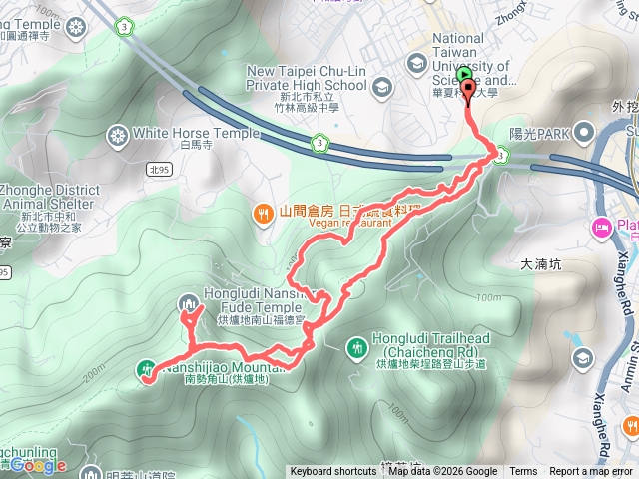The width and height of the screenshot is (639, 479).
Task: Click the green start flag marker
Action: [465, 73]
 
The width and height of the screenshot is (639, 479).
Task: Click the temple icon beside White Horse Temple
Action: [118, 134]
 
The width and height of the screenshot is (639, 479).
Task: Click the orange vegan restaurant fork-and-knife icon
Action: [262, 212]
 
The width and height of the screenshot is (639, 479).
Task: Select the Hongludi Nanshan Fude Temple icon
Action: [187, 302]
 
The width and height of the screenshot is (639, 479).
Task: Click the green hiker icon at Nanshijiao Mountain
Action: [146, 369]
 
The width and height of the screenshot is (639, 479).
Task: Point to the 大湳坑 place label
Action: [544, 265]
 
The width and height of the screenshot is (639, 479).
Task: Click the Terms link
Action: [523, 472]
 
